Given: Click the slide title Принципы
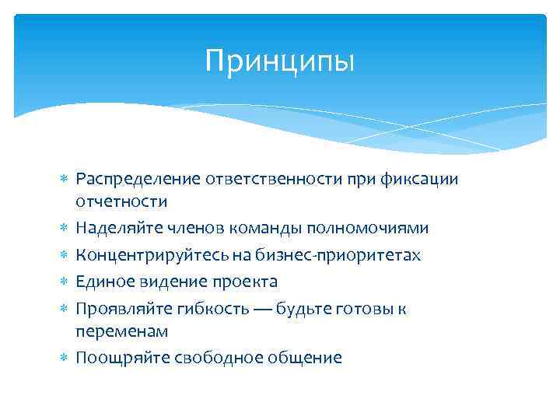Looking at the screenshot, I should tap(279, 61).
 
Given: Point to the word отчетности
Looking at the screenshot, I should tap(121, 201).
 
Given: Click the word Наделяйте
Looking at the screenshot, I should tap(113, 228).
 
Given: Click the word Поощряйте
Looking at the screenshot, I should tap(114, 358).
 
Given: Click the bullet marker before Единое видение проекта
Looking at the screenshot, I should tap(65, 282).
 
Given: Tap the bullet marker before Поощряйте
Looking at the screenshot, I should tap(65, 358).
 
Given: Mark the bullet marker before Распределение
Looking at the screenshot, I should tap(65, 180).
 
